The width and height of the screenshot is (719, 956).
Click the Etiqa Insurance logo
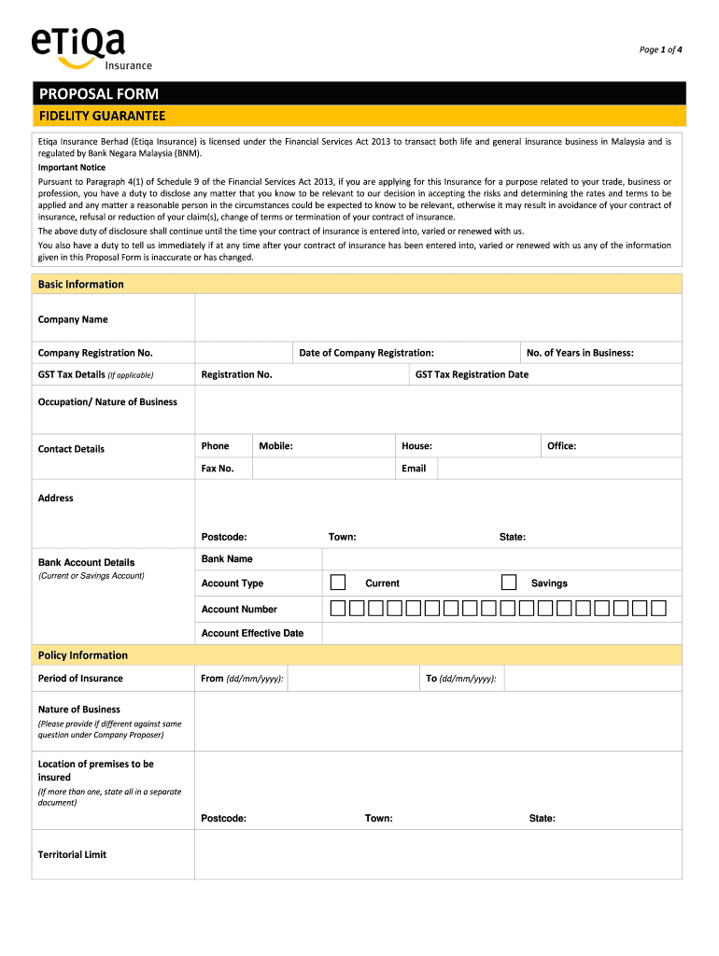[x=90, y=48]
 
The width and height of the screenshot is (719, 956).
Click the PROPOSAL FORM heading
[x=98, y=93]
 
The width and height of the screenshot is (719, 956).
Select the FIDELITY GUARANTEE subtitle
[x=102, y=116]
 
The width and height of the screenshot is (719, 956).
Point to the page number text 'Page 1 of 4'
[x=660, y=49]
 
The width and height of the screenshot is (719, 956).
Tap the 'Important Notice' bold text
[x=72, y=168]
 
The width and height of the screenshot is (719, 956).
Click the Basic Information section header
[x=80, y=284]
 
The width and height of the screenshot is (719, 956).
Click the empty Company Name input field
[x=438, y=319]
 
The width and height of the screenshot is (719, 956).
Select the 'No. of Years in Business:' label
[x=580, y=353]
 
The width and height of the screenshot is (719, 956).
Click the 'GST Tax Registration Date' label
[x=472, y=374]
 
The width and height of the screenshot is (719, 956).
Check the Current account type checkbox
[x=338, y=583]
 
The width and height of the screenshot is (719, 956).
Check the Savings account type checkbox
[x=509, y=583]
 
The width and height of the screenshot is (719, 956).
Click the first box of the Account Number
[x=338, y=609]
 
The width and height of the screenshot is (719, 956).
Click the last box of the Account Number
[x=658, y=609]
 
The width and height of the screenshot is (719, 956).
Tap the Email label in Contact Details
[x=414, y=469]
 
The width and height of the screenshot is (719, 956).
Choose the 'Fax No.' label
[x=218, y=469]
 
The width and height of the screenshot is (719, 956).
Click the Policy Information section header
[x=83, y=655]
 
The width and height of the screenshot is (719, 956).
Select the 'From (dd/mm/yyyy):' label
[x=243, y=679]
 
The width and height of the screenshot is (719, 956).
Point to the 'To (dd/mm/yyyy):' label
[x=461, y=679]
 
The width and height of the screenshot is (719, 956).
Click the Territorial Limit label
[x=72, y=854]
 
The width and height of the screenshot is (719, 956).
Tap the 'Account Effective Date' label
[x=252, y=633]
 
